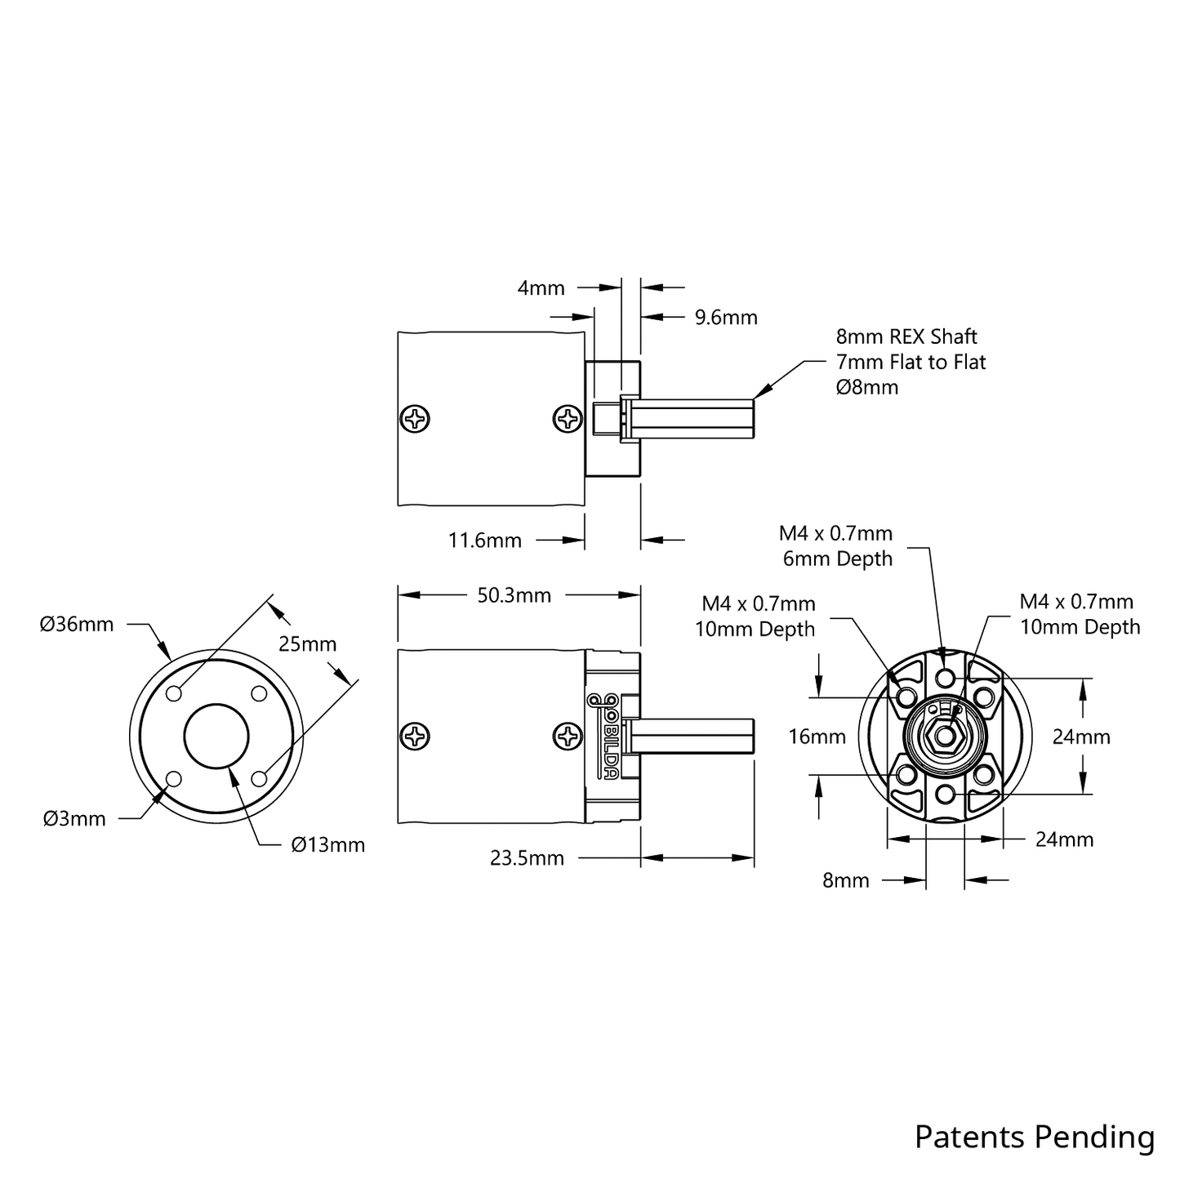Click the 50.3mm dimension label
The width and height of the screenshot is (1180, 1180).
click(514, 595)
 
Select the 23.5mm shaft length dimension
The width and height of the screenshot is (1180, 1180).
click(527, 858)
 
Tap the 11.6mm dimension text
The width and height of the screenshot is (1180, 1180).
click(484, 541)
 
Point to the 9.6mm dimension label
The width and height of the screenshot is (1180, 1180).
click(726, 317)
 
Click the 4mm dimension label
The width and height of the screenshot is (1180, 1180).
click(541, 287)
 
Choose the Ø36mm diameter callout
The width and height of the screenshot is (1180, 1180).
click(77, 625)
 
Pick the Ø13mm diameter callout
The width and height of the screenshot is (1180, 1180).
click(327, 845)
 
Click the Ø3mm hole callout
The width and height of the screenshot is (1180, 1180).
click(74, 818)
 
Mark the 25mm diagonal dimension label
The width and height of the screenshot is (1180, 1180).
click(307, 644)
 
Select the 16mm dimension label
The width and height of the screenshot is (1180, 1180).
click(817, 737)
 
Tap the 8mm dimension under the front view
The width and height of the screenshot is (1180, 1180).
click(845, 880)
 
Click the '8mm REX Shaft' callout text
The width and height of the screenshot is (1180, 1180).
click(906, 336)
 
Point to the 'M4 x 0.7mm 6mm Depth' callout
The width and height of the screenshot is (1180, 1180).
click(837, 545)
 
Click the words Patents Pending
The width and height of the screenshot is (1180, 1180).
click(1034, 1137)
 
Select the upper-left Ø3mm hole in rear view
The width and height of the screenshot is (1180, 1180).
click(174, 694)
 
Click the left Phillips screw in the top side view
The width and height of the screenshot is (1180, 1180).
click(416, 420)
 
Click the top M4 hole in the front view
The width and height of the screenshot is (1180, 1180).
click(945, 677)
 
